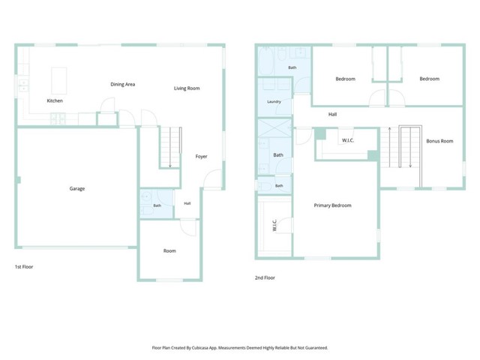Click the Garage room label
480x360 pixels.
pos(77,188)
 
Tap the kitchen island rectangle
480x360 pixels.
pos(59,80)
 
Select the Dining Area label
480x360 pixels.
pos(123,84)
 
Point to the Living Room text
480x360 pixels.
pos(187,88)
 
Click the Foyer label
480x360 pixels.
pos(202,157)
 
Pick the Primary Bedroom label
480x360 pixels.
pos(332,205)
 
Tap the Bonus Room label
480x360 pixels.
pos(439,141)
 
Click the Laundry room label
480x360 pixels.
pos(274,102)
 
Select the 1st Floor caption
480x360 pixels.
pos(24,267)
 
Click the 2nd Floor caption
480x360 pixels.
pos(265,277)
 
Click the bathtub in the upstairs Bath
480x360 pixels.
pos(266,61)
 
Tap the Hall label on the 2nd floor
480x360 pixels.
pos(332,115)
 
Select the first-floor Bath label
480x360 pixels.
pos(157,205)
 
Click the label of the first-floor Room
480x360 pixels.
pos(169,250)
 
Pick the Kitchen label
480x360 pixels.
pos(55,100)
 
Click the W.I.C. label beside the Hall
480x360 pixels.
pos(348,140)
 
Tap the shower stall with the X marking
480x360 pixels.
pos(274,128)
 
